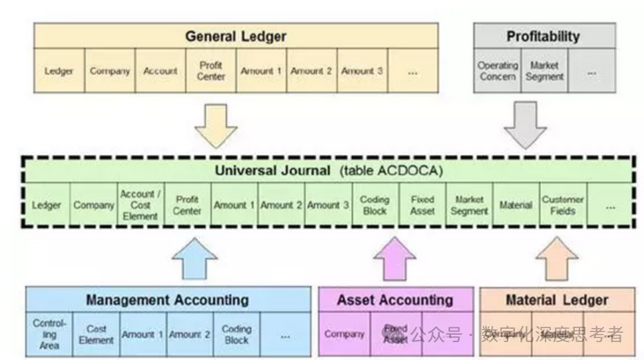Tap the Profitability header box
(x=543, y=36)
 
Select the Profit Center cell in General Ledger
(x=211, y=71)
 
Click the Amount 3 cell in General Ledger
(x=362, y=71)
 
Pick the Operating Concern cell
(x=497, y=71)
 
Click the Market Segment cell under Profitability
(x=544, y=71)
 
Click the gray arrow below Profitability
(x=525, y=124)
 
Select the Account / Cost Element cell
(x=140, y=206)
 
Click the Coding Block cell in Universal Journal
(x=375, y=206)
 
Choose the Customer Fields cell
(x=562, y=206)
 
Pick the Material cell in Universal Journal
(x=516, y=206)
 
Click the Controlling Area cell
(x=49, y=334)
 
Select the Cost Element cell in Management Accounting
(x=96, y=334)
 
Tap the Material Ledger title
(x=556, y=300)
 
